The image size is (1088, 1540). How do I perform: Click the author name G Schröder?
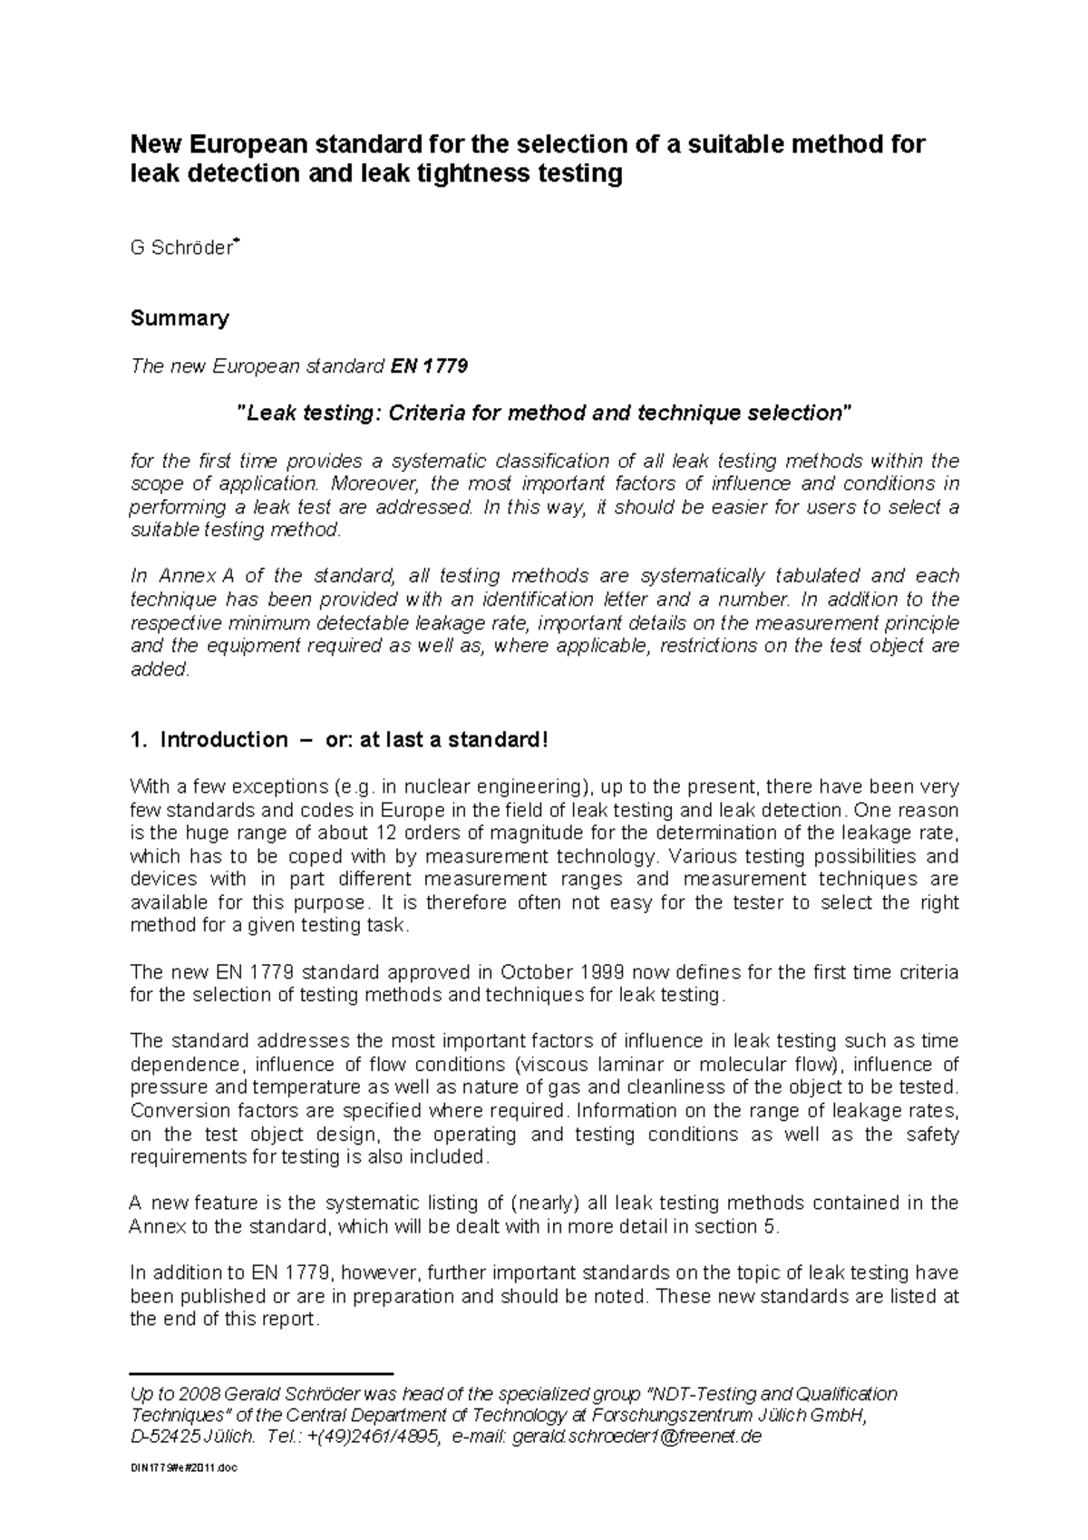[x=182, y=249]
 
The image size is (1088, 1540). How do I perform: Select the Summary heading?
[x=180, y=317]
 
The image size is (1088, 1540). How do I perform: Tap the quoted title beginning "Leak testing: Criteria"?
[x=544, y=414]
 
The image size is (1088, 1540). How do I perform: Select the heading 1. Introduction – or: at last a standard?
[x=340, y=739]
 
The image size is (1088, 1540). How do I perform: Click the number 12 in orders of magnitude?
[x=356, y=833]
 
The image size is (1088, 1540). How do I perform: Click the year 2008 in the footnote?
[x=199, y=1394]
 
